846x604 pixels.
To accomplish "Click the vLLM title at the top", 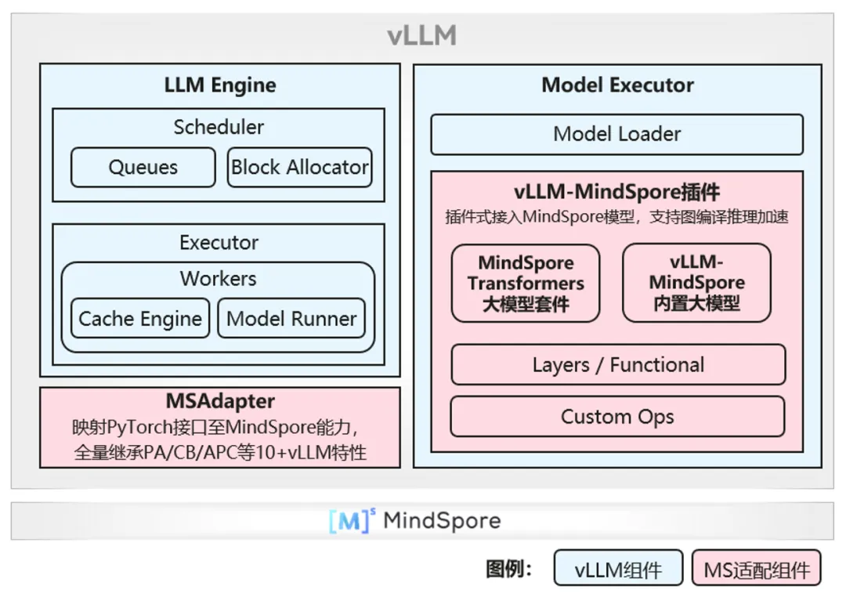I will pyautogui.click(x=422, y=36).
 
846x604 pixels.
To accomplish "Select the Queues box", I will pyautogui.click(x=143, y=167).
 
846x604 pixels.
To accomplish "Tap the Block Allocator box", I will pyautogui.click(x=299, y=167).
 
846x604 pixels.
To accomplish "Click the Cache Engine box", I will pyautogui.click(x=140, y=318).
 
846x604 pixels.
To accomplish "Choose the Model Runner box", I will pyautogui.click(x=291, y=318).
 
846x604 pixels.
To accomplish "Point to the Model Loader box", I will pyautogui.click(x=616, y=134).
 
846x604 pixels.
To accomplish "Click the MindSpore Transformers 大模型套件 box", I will pyautogui.click(x=526, y=283).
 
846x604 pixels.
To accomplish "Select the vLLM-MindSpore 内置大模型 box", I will pyautogui.click(x=696, y=283).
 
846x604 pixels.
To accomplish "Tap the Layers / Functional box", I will pyautogui.click(x=618, y=364).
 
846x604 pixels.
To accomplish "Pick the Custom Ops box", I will pyautogui.click(x=617, y=416).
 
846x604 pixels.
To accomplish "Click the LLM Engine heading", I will pyautogui.click(x=220, y=85).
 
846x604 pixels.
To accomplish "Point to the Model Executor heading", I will pyautogui.click(x=617, y=85).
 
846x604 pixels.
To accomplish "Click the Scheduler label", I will pyautogui.click(x=219, y=126).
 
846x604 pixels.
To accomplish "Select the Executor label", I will pyautogui.click(x=219, y=242).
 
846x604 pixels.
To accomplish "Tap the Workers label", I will pyautogui.click(x=218, y=278).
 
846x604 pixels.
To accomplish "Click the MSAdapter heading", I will pyautogui.click(x=220, y=401).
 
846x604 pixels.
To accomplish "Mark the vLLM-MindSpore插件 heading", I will pyautogui.click(x=617, y=192).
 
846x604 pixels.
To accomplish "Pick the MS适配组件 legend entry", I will pyautogui.click(x=757, y=570).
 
